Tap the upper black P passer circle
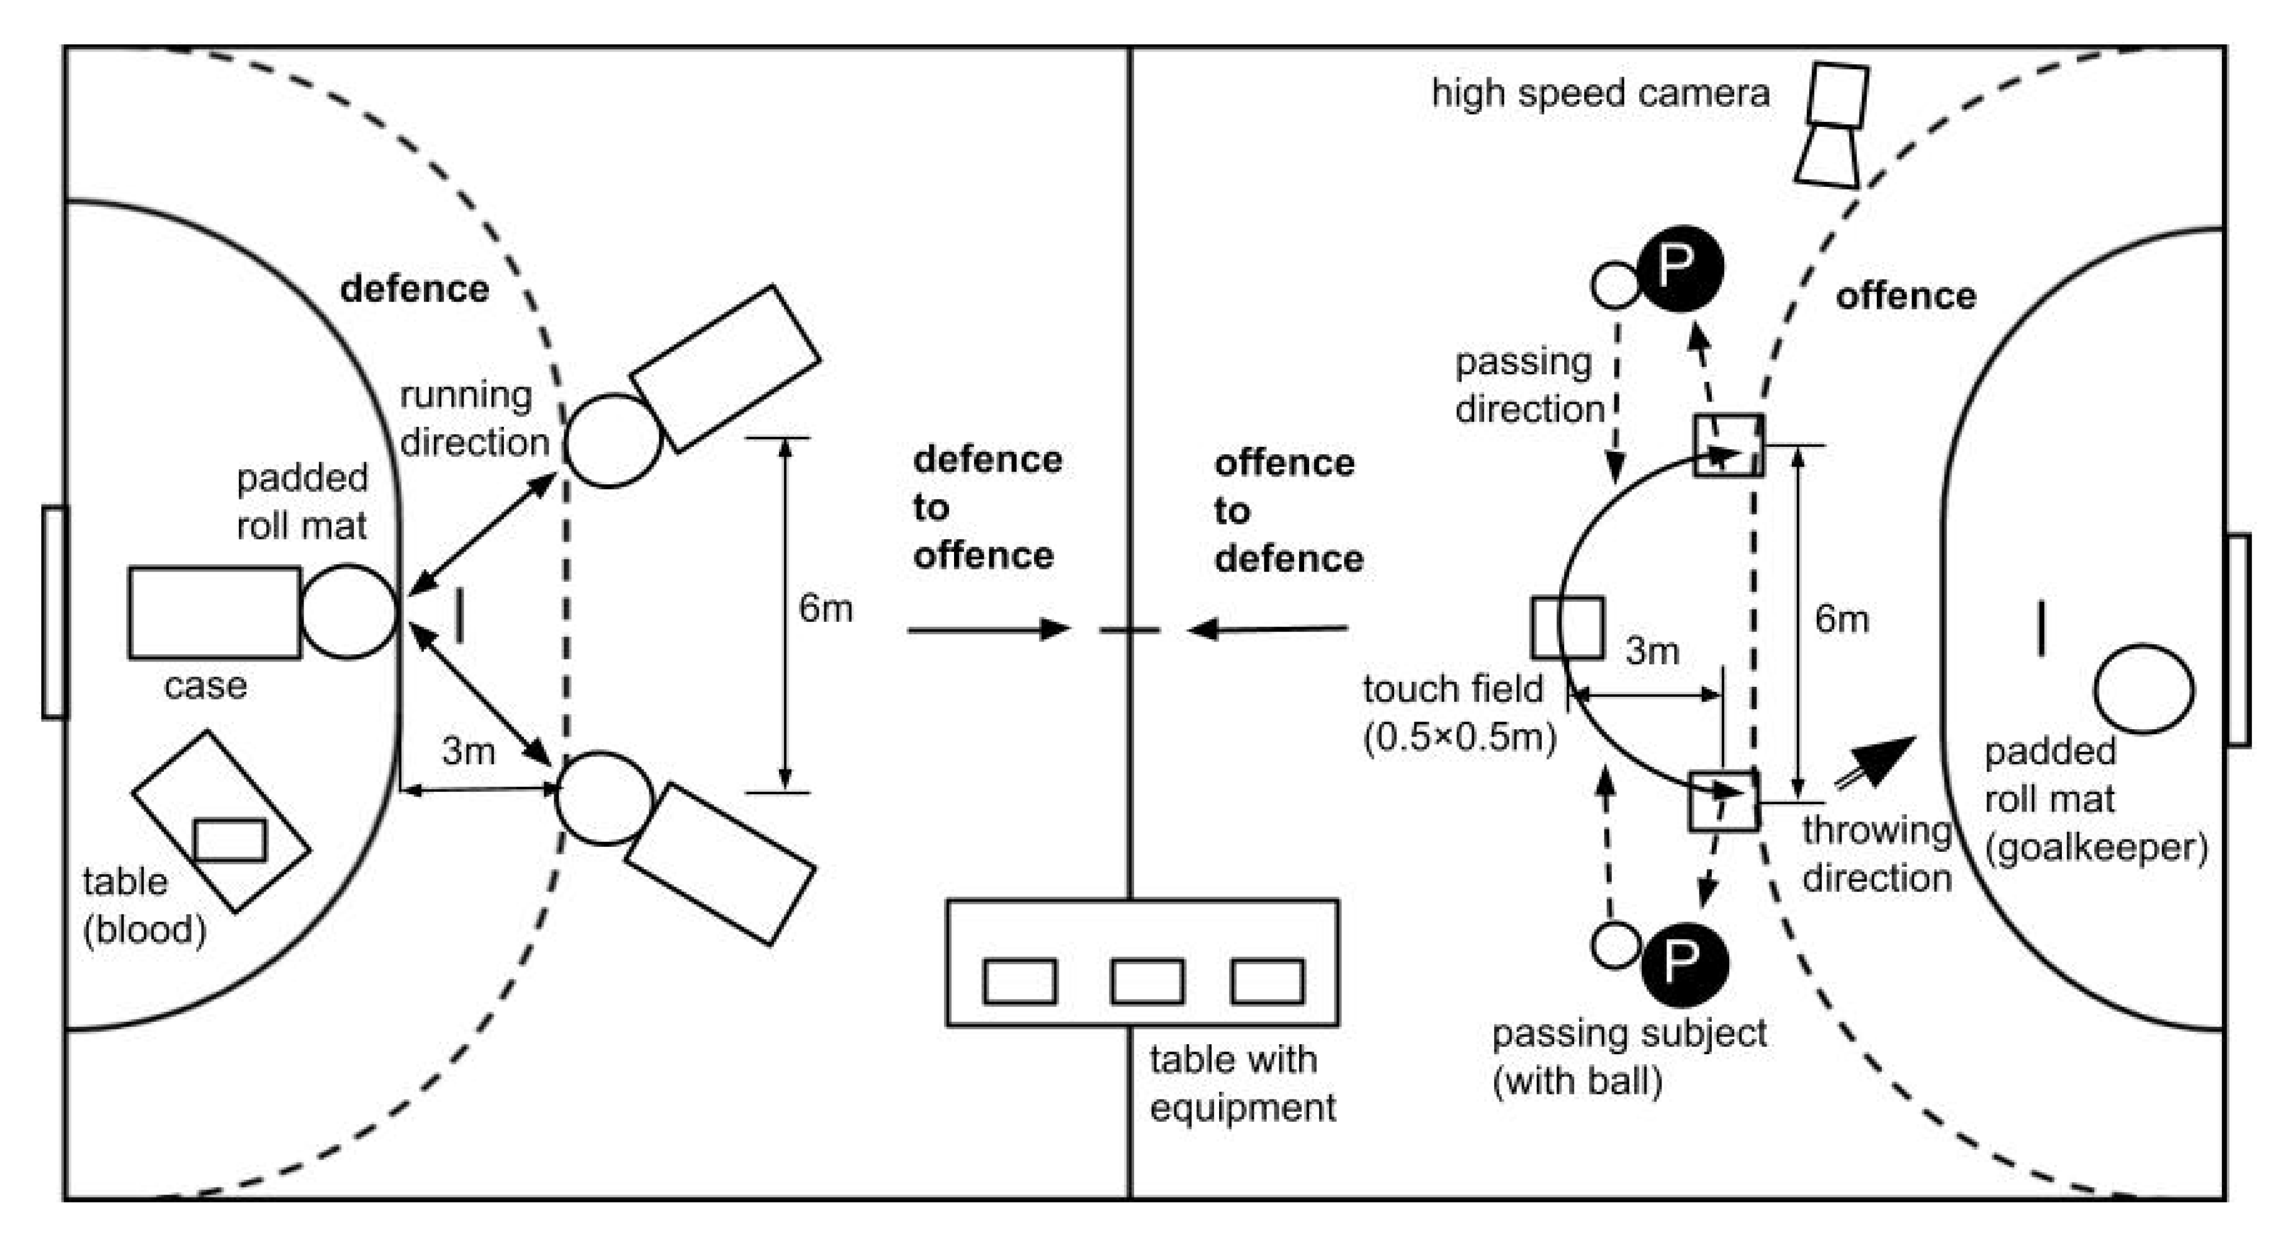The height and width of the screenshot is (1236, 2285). point(1679,267)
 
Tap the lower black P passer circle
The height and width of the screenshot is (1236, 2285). point(1684,963)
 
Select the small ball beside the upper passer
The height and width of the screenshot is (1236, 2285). point(1615,285)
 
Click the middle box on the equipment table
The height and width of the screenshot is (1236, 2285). point(1147,982)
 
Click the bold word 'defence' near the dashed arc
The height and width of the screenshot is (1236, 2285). point(414,289)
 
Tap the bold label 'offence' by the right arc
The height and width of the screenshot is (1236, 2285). point(1905,295)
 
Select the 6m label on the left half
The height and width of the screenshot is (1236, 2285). point(825,608)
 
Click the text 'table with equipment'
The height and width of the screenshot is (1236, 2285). point(1242,1083)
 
